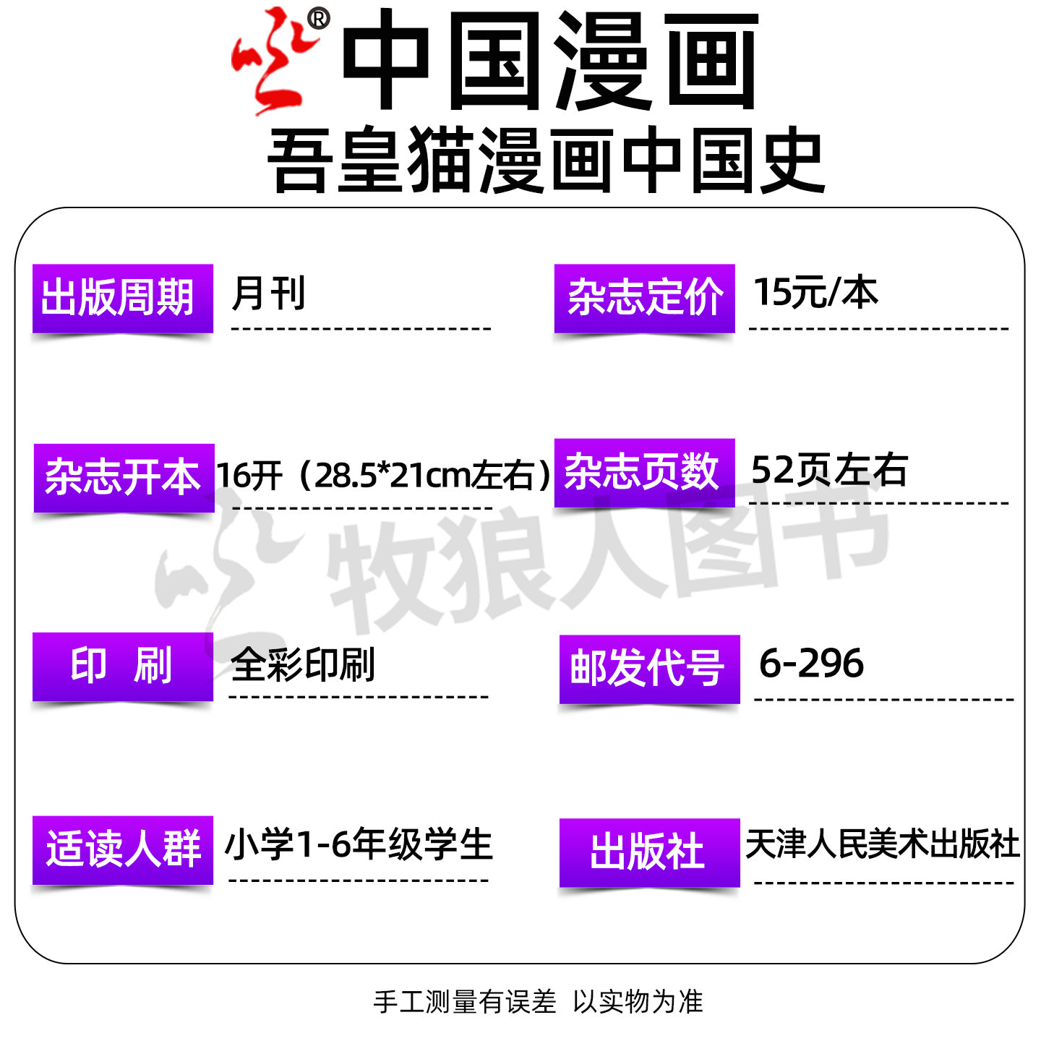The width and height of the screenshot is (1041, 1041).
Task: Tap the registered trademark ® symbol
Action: (x=318, y=19)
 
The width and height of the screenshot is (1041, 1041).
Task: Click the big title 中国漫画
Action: (x=549, y=61)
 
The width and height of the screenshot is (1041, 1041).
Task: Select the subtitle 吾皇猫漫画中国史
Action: (x=546, y=160)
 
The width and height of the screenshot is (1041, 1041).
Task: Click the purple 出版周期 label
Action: (x=123, y=298)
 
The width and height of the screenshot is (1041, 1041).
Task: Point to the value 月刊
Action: (x=268, y=294)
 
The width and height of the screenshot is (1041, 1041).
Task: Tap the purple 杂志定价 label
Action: (x=644, y=298)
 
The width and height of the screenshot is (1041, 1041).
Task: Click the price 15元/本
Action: (x=815, y=293)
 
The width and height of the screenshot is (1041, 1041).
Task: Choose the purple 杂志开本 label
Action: (x=124, y=477)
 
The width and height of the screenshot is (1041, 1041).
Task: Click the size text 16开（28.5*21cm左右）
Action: (x=384, y=475)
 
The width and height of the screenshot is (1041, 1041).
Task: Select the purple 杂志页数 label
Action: (x=644, y=472)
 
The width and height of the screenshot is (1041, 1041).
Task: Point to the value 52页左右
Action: (x=829, y=471)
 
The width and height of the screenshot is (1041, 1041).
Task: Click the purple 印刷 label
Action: (x=123, y=666)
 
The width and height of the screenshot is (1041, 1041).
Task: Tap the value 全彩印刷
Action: (x=303, y=664)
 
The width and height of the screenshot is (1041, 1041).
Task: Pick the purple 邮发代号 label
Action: (x=649, y=669)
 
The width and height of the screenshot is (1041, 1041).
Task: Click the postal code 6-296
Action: (x=811, y=664)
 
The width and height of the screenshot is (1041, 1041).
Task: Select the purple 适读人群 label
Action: (x=123, y=849)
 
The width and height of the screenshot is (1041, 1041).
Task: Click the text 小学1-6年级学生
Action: (x=359, y=844)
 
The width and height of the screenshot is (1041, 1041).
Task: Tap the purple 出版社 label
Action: (x=649, y=852)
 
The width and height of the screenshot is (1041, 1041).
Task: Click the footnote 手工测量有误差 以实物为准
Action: (x=538, y=1002)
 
